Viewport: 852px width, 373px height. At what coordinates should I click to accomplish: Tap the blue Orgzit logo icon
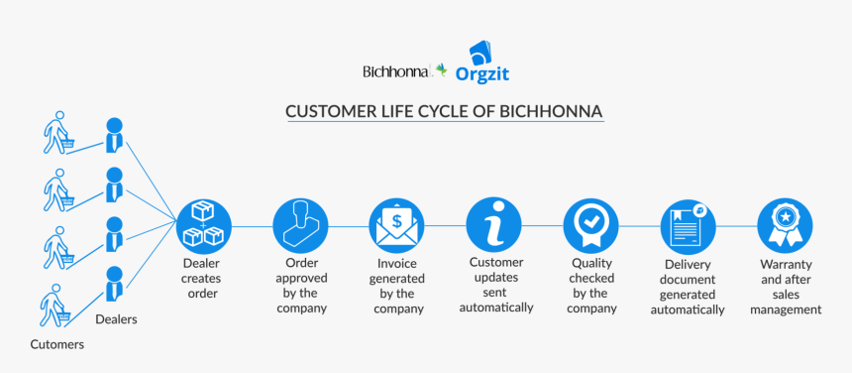tap(480, 54)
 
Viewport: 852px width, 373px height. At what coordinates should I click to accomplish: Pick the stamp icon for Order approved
tap(300, 225)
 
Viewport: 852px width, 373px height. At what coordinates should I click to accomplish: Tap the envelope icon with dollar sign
tap(396, 225)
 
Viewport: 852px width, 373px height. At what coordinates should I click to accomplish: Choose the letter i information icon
tap(493, 225)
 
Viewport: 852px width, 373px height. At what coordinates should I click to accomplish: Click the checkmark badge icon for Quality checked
tap(590, 225)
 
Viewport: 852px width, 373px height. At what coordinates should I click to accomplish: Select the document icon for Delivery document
tap(688, 225)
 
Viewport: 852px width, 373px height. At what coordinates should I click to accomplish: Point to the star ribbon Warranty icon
tap(785, 225)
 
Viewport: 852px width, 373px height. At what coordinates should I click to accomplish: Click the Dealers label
tap(116, 319)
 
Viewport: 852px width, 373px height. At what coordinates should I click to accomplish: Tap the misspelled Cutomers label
tap(57, 344)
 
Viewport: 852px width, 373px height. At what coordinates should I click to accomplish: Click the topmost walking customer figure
tap(58, 133)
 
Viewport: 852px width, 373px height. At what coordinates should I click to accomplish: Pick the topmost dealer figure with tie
tap(114, 134)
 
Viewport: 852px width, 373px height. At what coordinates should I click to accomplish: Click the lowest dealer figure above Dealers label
tap(114, 283)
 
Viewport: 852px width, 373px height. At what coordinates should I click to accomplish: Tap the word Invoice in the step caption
tap(396, 264)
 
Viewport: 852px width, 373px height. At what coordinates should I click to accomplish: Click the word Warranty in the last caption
tap(786, 265)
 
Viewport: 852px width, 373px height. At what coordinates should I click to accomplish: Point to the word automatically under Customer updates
tap(496, 308)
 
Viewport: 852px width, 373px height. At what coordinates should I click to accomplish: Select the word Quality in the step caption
tap(591, 263)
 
